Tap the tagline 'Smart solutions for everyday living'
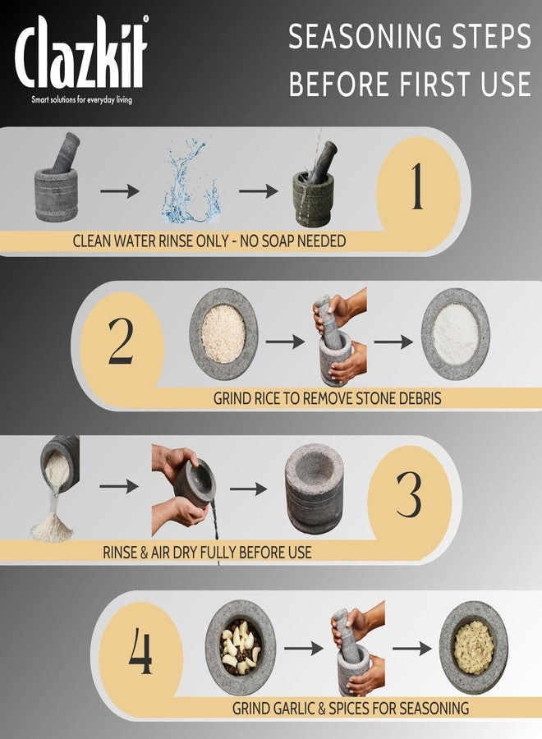81,99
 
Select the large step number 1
416,186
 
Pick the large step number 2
120,342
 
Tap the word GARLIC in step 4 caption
302,707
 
